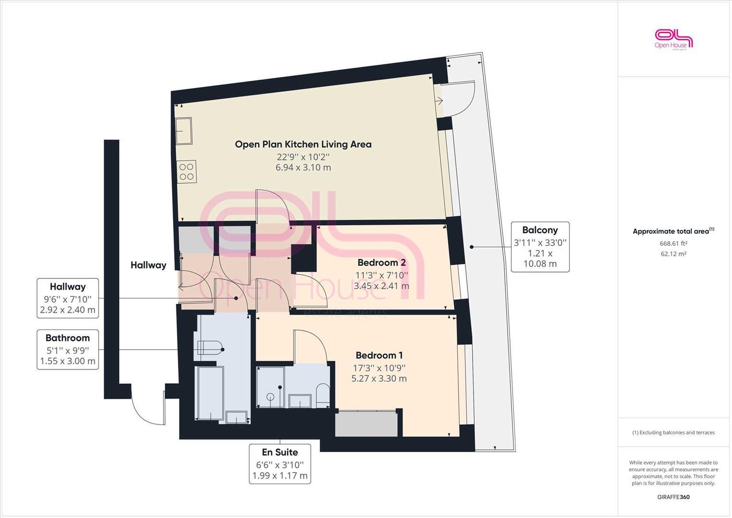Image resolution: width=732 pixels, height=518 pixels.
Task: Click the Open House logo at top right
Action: point(674,39)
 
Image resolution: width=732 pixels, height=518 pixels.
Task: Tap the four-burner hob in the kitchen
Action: point(187,172)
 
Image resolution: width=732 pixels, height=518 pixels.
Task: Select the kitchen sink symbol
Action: point(183,130)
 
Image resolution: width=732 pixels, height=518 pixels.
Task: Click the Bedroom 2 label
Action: point(382,262)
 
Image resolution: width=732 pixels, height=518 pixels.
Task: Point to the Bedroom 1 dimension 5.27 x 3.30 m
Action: point(379,378)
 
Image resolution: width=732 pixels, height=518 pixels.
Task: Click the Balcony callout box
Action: point(540,247)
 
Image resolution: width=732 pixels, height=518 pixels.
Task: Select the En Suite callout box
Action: point(280,463)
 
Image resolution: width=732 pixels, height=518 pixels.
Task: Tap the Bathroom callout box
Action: point(68,349)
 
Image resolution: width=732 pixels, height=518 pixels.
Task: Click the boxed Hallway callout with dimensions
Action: point(68,298)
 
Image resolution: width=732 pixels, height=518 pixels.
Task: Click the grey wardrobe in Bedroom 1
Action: point(366,424)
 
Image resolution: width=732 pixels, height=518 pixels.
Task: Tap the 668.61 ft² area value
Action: point(673,243)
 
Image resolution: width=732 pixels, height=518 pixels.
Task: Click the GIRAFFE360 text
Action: point(673,497)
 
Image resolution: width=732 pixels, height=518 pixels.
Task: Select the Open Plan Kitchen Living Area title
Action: point(303,144)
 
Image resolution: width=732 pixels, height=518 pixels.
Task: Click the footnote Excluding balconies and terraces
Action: point(673,432)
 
